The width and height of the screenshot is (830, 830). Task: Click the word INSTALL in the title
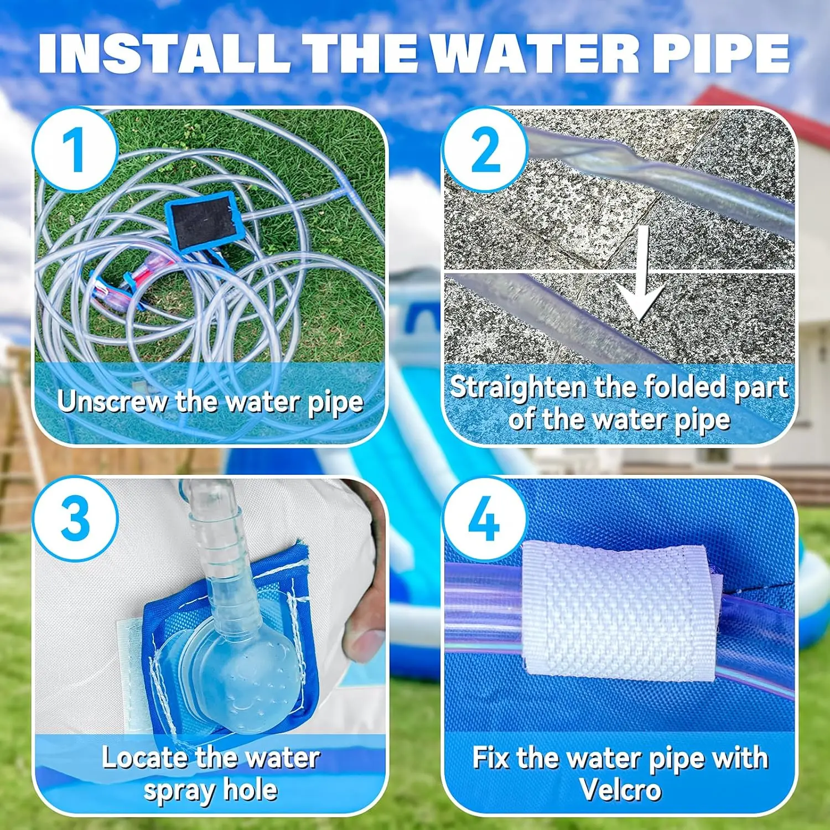[164, 54]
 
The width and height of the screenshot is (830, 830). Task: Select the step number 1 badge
[75, 149]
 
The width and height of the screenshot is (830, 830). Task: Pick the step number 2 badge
[485, 149]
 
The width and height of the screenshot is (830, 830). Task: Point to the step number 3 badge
[75, 519]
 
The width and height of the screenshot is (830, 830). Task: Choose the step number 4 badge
[485, 519]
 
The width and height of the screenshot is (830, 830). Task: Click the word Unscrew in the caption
[112, 401]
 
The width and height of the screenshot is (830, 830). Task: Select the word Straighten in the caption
[517, 388]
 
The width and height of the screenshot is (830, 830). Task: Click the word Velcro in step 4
[621, 789]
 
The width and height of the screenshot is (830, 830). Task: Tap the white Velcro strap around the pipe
[620, 609]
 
